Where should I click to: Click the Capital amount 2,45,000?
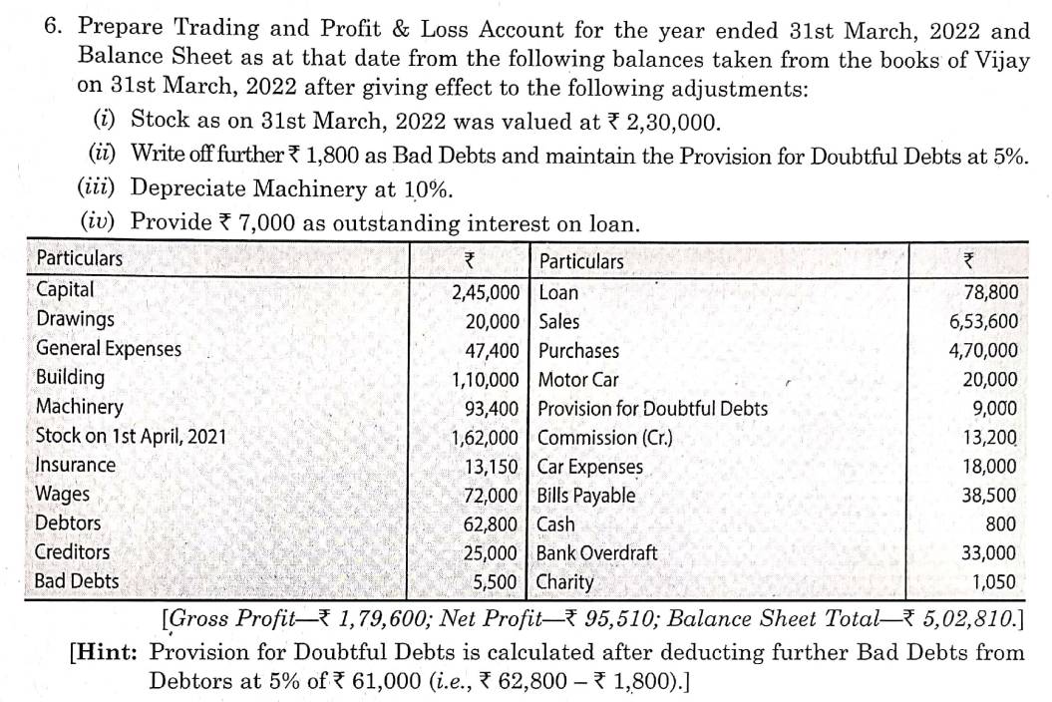486,292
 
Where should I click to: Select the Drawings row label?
75,320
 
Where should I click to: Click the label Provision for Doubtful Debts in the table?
652,408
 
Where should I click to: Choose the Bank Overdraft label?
596,552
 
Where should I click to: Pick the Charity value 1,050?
994,582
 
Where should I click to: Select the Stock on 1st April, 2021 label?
131,436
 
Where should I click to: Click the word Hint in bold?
107,653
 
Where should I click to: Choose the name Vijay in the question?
999,58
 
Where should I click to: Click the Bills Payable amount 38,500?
988,495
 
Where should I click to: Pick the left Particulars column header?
79,259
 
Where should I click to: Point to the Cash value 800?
1001,524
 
